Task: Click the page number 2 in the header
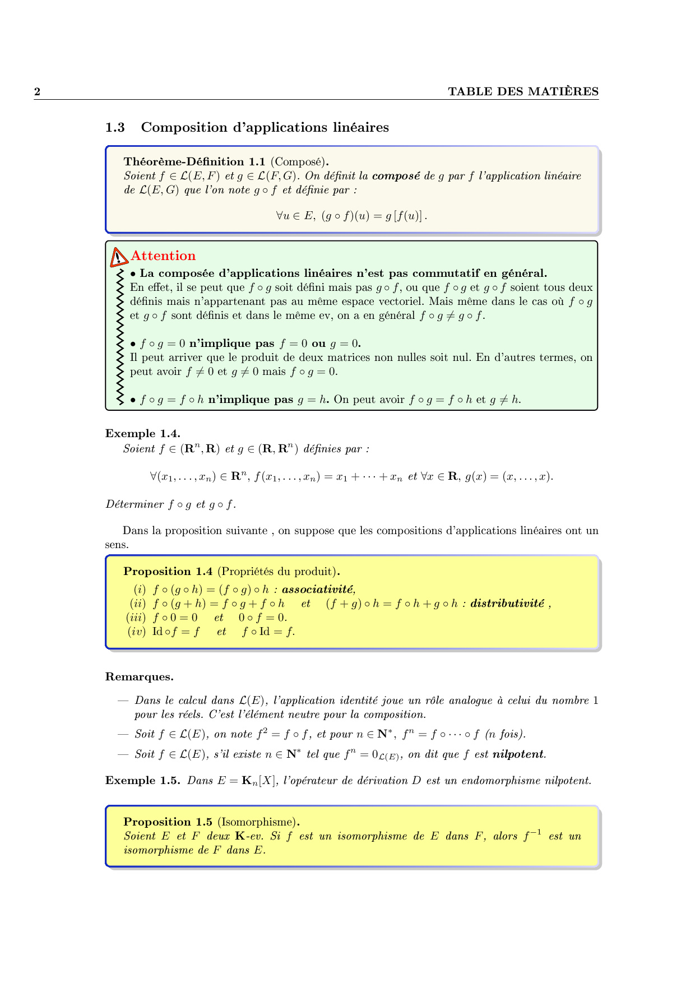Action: (x=38, y=92)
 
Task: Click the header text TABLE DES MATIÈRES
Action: (x=523, y=92)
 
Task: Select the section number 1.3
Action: (x=115, y=128)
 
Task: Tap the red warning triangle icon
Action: (x=118, y=257)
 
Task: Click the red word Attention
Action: (x=163, y=256)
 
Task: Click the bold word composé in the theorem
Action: (x=396, y=176)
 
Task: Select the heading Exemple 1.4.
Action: (x=142, y=434)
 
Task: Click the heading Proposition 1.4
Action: (x=168, y=572)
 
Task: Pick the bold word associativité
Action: (x=318, y=590)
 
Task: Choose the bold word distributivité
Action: (x=507, y=604)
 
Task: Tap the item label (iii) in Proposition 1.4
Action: (x=136, y=618)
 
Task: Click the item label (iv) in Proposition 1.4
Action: (x=137, y=632)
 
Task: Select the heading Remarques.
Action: (x=139, y=677)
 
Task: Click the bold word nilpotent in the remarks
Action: (x=518, y=754)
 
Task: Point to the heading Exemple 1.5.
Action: (x=142, y=781)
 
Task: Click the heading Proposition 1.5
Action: (x=168, y=822)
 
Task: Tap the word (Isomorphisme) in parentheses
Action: (x=257, y=822)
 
